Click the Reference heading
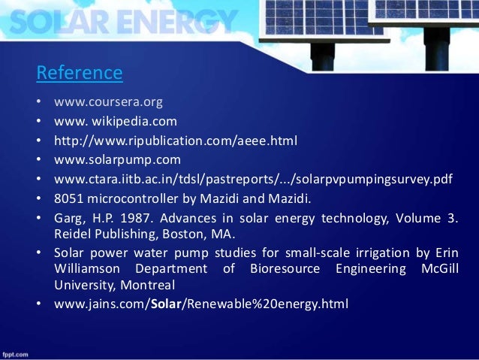79,73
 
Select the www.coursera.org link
107,101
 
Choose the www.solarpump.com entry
117,159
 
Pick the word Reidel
72,233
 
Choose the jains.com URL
201,304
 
